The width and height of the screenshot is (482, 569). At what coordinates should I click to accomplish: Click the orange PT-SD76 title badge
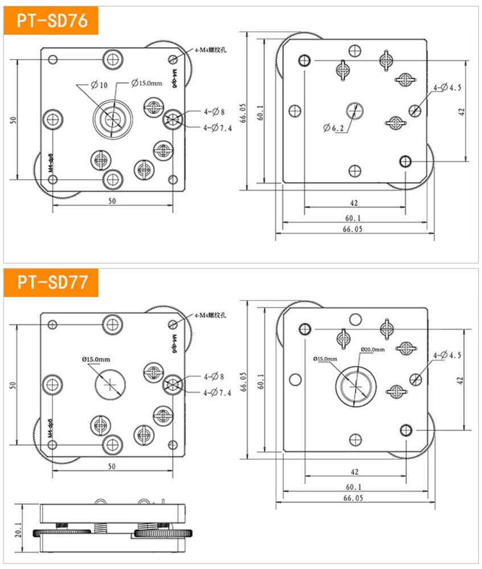pos(52,21)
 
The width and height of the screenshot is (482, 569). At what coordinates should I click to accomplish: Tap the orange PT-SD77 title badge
pos(52,282)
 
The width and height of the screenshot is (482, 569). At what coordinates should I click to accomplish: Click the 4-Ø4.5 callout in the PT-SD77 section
pos(447,355)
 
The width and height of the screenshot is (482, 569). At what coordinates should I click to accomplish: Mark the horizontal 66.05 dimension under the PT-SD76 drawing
pos(353,229)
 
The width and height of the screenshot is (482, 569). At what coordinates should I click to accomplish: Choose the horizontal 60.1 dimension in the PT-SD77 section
pos(353,486)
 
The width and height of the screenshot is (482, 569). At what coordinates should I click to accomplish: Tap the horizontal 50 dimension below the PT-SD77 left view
pos(112,467)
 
